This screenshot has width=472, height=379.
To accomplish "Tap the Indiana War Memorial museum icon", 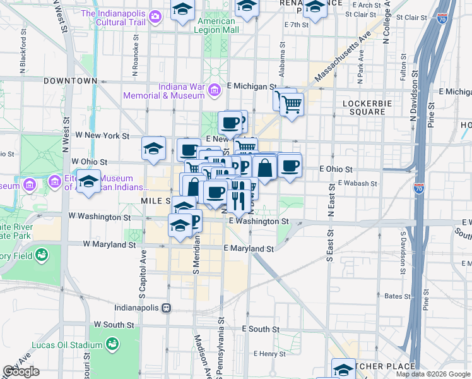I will pyautogui.click(x=214, y=90).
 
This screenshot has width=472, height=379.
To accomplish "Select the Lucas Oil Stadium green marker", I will pyautogui.click(x=112, y=345).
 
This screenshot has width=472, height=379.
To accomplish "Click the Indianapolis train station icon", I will pyautogui.click(x=166, y=308).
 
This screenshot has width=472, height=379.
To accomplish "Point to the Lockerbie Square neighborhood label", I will pyautogui.click(x=363, y=107).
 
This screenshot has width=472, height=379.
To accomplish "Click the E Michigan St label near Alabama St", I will pyautogui.click(x=252, y=86).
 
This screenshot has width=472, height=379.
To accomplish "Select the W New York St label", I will pyautogui.click(x=102, y=136).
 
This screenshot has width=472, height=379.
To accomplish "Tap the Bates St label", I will pyautogui.click(x=398, y=296).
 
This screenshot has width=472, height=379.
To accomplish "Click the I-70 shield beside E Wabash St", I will pyautogui.click(x=419, y=188).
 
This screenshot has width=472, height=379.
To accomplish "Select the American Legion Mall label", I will pyautogui.click(x=216, y=25).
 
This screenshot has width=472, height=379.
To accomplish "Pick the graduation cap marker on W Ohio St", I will pyautogui.click(x=153, y=149).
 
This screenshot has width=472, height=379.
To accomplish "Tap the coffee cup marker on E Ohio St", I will pyautogui.click(x=290, y=166).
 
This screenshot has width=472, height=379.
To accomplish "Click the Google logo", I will pyautogui.click(x=21, y=371).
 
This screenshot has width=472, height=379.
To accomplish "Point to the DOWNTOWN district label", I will pyautogui.click(x=70, y=81).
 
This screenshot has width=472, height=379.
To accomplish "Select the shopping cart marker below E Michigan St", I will pyautogui.click(x=291, y=103).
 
